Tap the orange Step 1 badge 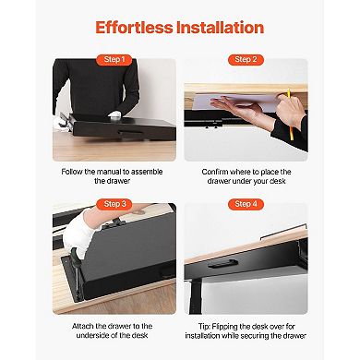(x=115, y=59)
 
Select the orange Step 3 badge (x=115, y=203)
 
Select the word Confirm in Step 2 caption (x=219, y=171)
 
